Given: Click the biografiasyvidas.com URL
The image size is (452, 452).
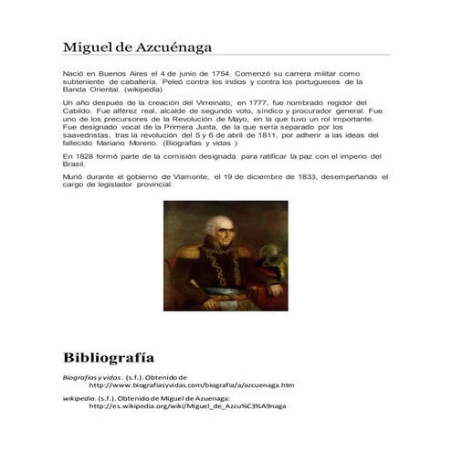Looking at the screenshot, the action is (x=191, y=384).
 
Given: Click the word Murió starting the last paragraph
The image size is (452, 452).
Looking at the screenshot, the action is (x=73, y=175).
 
